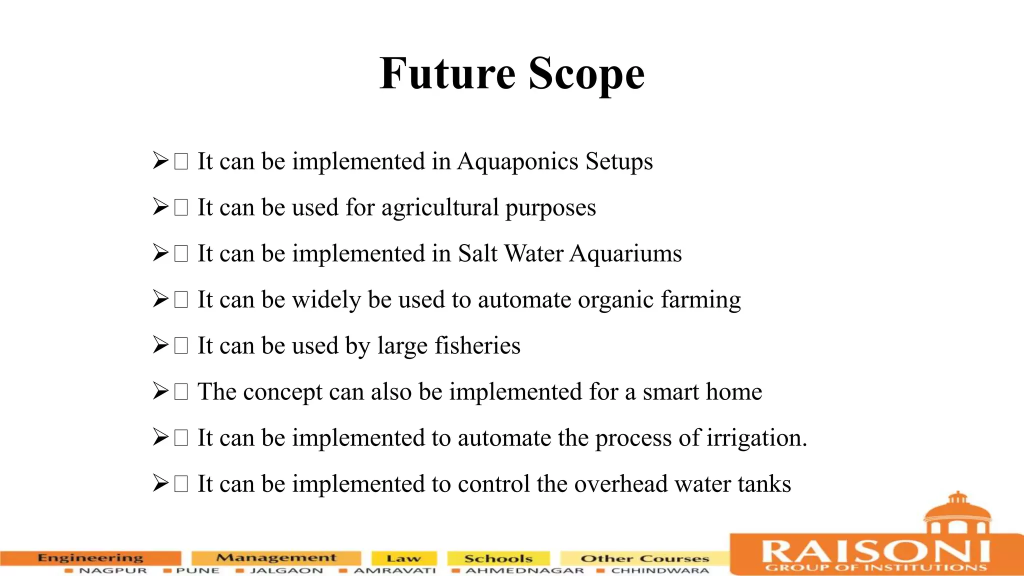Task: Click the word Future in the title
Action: tap(447, 73)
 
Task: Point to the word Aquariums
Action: tap(625, 253)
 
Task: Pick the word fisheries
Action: tap(477, 345)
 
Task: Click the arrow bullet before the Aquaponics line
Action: tap(160, 161)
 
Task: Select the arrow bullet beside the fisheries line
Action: tap(160, 345)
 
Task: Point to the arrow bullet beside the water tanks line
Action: tap(160, 483)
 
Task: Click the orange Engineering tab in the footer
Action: tap(90, 557)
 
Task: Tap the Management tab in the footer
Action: tap(276, 557)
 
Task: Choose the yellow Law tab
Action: tap(403, 558)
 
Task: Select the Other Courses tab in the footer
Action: tap(644, 558)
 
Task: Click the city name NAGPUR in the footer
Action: tap(113, 570)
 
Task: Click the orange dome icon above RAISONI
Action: tap(957, 512)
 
